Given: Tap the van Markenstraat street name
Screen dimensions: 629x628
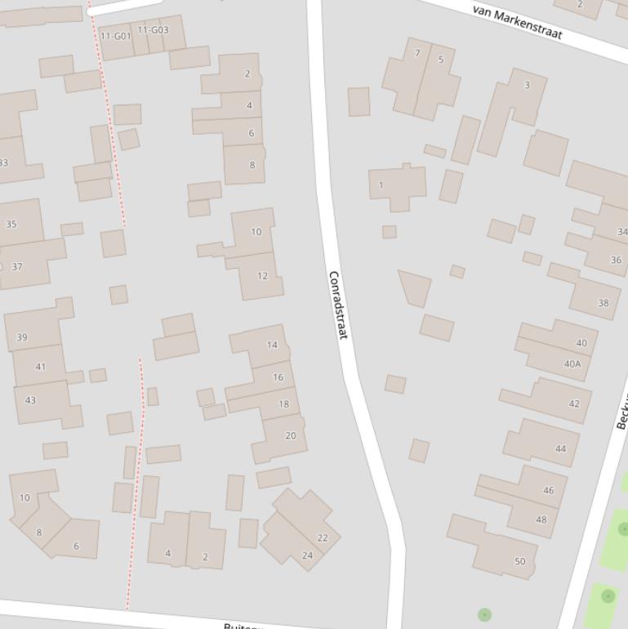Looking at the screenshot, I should click(x=517, y=22).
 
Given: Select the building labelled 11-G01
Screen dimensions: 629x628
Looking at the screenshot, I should click(x=115, y=37).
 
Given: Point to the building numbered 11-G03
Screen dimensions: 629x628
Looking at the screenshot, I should click(x=153, y=31).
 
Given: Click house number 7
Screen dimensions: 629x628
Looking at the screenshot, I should click(x=417, y=54).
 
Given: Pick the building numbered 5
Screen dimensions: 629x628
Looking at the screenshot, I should click(x=441, y=60).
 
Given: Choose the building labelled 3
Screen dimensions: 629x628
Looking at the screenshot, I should click(x=527, y=85).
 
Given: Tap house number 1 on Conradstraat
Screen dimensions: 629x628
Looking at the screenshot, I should click(x=381, y=185).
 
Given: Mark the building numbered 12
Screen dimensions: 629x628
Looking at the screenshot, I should click(x=262, y=276).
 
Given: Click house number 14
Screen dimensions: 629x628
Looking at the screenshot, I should click(x=272, y=345).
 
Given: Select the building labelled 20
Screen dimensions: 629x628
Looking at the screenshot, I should click(x=290, y=435).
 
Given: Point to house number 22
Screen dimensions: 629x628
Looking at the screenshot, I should click(x=323, y=538).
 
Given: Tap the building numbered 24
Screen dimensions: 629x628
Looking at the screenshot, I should click(x=307, y=555).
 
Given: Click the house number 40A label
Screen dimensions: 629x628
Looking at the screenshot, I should click(x=572, y=364).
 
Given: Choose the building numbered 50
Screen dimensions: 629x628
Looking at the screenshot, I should click(x=519, y=561).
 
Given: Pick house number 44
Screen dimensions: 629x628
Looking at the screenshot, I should click(x=560, y=448).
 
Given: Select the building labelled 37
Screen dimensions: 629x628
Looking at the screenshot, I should click(x=17, y=267).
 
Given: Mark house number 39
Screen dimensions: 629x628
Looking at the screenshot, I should click(x=22, y=337).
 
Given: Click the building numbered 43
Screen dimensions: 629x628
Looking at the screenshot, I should click(x=31, y=400).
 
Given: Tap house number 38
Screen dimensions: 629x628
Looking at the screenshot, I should click(x=603, y=303).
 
